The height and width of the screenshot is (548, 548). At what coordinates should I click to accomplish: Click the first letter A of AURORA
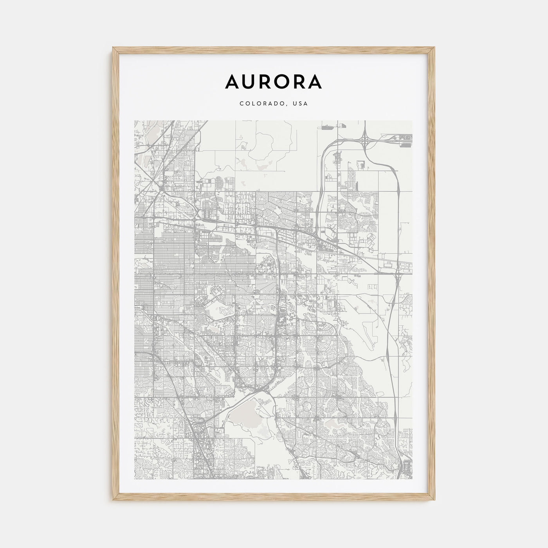pyautogui.click(x=233, y=81)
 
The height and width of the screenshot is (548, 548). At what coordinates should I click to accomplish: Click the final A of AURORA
pyautogui.click(x=315, y=81)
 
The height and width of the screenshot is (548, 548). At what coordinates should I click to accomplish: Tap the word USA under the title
pyautogui.click(x=301, y=104)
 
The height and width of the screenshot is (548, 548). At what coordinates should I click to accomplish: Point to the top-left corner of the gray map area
pyautogui.click(x=135, y=121)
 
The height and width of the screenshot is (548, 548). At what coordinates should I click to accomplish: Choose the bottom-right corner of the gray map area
pyautogui.click(x=412, y=479)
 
